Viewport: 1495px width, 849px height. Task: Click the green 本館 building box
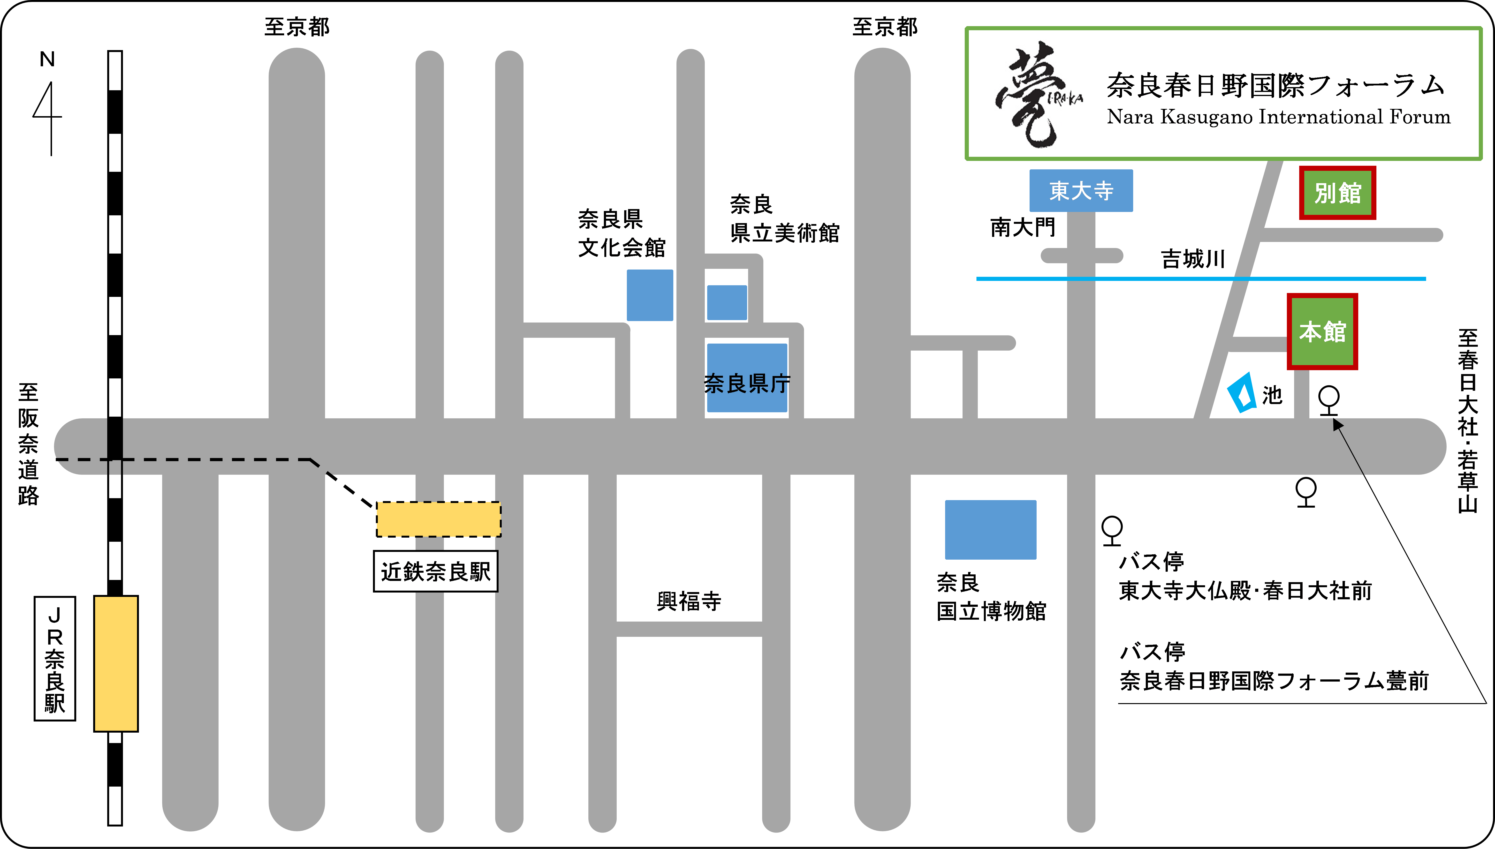[x=1322, y=331]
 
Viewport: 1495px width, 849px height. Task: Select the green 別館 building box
[x=1337, y=192]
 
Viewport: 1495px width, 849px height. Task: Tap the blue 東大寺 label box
[x=1081, y=191]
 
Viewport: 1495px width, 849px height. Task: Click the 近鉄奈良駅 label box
[x=436, y=571]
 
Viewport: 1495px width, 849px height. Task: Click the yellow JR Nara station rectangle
[x=116, y=664]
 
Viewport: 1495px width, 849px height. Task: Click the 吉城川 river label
[x=1193, y=259]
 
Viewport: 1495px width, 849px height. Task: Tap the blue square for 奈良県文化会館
[x=650, y=295]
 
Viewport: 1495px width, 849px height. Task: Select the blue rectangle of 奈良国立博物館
[x=990, y=529]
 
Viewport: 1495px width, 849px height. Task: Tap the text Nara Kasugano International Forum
[x=1279, y=117]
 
